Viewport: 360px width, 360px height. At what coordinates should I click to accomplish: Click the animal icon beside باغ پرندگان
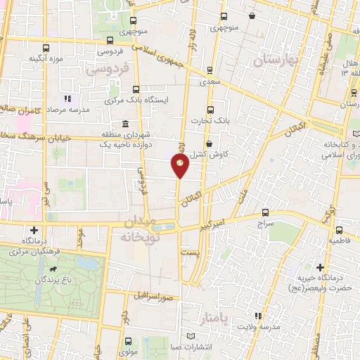point(52,269)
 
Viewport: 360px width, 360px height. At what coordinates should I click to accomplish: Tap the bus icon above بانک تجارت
point(211,109)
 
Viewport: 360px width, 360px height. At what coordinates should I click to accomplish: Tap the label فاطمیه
point(338,240)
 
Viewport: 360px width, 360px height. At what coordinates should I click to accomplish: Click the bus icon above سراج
point(265,212)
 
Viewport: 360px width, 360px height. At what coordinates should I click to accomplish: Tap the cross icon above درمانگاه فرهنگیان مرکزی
point(34,230)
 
